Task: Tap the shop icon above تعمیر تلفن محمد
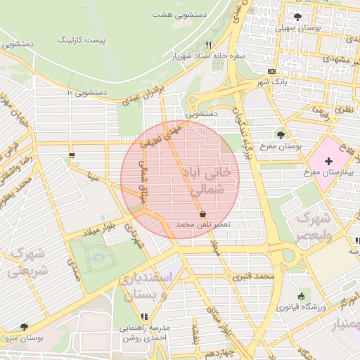[202, 213]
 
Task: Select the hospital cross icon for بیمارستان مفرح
[330, 161]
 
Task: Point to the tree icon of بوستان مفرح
[281, 135]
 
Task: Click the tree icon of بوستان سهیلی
[298, 17]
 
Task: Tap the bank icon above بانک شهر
[272, 71]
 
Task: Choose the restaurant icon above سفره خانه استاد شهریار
[207, 46]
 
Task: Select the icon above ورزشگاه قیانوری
[302, 296]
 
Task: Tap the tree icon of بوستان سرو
[25, 327]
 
